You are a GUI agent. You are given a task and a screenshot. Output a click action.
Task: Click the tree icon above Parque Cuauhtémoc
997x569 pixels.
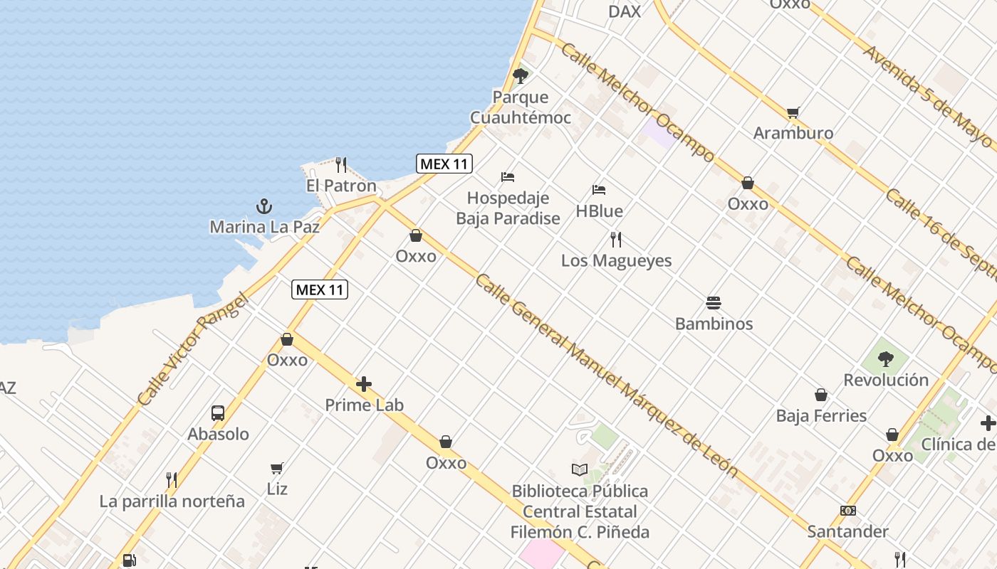pos(521,75)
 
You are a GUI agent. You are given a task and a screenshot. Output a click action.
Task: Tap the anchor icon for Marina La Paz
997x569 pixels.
pos(264,207)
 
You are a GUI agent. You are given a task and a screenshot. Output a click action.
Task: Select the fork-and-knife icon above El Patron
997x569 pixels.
pos(341,165)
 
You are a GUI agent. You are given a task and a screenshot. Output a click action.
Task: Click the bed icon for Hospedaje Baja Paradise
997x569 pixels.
pos(508,177)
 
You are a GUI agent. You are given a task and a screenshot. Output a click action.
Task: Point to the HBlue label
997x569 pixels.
pos(599,211)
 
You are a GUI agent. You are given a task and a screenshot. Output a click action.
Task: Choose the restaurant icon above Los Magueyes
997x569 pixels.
pos(616,240)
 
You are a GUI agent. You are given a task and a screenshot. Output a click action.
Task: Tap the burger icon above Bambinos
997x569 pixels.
pos(714,303)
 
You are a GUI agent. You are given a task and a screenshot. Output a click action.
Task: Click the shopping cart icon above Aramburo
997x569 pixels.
pos(793,112)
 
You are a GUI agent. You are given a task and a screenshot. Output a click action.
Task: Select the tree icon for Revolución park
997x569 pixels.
pos(886,359)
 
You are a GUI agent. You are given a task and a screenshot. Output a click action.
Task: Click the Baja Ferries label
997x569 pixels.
pos(821,416)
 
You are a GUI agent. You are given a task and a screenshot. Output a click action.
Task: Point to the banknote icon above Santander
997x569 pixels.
pos(847,511)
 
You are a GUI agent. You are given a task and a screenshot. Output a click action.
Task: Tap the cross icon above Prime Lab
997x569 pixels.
pos(364,385)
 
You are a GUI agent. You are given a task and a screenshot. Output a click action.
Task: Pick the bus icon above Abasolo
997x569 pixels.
pos(218,413)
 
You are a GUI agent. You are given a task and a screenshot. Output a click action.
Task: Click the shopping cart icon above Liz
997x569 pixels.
pos(277,468)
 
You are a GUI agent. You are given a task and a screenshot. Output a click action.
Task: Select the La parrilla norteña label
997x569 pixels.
pos(172,501)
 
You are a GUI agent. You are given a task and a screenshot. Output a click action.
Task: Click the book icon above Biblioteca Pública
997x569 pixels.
pos(580,470)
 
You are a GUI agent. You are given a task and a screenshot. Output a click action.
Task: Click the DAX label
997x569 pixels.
pos(625,11)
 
